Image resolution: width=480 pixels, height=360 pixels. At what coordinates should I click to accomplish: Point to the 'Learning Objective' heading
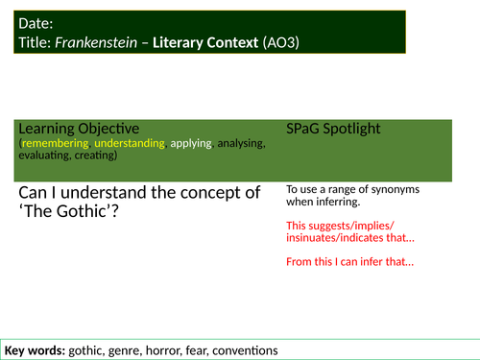tap(79, 128)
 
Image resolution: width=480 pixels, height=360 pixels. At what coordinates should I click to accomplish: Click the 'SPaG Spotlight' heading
tap(335, 128)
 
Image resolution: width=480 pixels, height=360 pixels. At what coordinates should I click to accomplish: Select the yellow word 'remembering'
tap(55, 143)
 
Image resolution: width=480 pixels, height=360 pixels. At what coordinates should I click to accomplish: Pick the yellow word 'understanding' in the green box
tap(130, 143)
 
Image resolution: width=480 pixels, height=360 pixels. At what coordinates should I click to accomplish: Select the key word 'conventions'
tap(249, 349)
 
